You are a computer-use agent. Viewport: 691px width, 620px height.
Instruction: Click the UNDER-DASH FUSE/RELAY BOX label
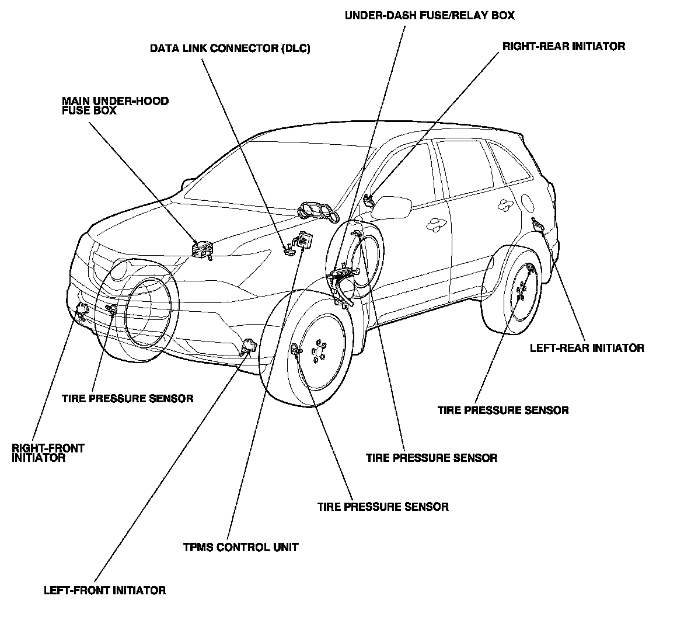click(x=430, y=15)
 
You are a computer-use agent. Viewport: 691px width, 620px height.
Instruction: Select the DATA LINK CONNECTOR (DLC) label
click(x=230, y=48)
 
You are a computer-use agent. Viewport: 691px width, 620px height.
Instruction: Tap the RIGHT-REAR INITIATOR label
click(x=564, y=46)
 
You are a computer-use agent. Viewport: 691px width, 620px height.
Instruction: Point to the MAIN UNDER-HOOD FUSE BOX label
click(x=115, y=105)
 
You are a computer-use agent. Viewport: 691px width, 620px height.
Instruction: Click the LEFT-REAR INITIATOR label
click(x=587, y=348)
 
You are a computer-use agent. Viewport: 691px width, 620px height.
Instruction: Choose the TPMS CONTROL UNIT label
click(x=240, y=547)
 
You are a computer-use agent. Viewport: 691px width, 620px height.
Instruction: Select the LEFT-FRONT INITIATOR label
click(x=104, y=590)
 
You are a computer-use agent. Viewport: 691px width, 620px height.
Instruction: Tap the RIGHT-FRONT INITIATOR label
click(x=48, y=453)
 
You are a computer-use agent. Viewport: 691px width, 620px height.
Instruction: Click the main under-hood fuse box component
click(x=201, y=249)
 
